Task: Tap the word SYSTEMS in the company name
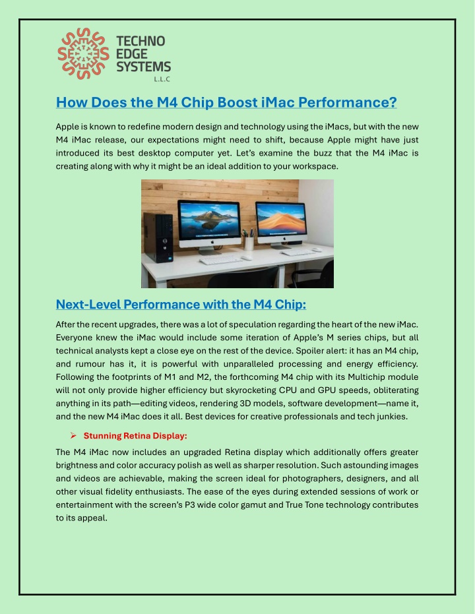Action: [x=144, y=66]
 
